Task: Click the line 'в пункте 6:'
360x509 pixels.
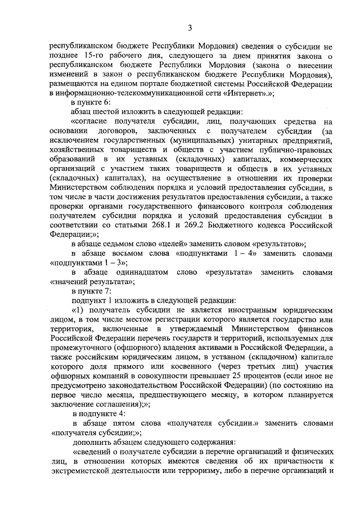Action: pyautogui.click(x=91, y=103)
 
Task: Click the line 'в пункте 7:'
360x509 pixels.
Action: pyautogui.click(x=91, y=292)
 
